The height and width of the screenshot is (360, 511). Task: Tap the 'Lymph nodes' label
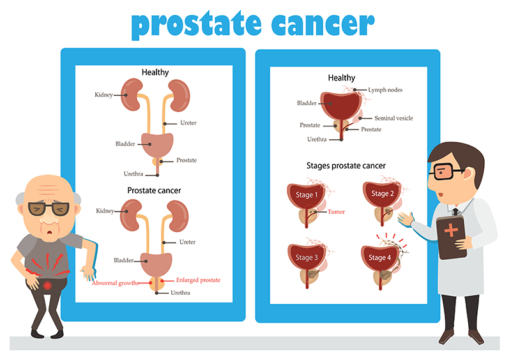coord(385,90)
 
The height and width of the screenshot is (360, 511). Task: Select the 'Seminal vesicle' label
coord(393,118)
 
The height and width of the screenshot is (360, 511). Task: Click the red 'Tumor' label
coord(336,212)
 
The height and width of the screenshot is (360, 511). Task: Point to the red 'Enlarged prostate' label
coord(198,280)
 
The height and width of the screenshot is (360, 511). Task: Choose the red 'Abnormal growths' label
coord(116,283)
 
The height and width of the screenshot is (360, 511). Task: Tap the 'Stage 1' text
coord(307,195)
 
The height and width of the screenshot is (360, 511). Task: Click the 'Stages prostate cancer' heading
coord(346,166)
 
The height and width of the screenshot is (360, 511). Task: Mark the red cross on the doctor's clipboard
coord(452,230)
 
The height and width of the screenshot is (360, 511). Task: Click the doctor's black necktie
coord(455,212)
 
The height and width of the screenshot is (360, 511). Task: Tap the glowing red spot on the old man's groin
coord(47,286)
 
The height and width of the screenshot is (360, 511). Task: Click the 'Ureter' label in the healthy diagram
coord(188,123)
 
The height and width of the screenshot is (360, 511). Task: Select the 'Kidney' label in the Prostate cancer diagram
coord(105,211)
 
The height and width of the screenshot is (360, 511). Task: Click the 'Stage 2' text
coord(383,193)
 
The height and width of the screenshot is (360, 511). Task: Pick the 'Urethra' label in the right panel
coord(317,139)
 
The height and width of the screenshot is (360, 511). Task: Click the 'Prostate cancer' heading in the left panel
coord(154,191)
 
